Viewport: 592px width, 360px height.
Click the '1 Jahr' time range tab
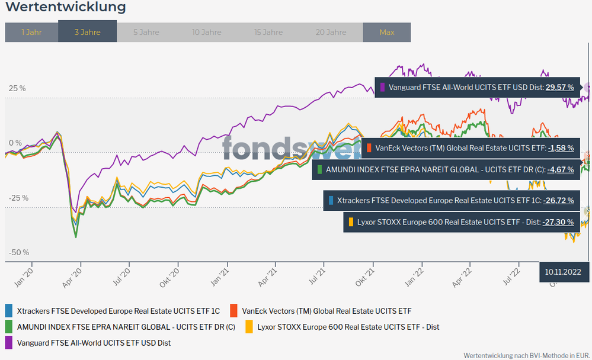pyautogui.click(x=31, y=32)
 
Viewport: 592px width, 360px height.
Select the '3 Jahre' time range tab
pyautogui.click(x=87, y=32)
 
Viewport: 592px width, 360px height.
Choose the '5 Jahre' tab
pyautogui.click(x=146, y=32)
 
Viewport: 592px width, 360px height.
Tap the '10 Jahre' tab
pyautogui.click(x=207, y=32)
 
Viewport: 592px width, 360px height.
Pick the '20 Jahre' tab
pyautogui.click(x=331, y=32)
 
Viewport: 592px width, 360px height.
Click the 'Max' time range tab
pyautogui.click(x=386, y=32)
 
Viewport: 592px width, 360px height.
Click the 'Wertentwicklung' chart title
pyautogui.click(x=66, y=8)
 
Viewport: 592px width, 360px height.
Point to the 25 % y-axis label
pyautogui.click(x=17, y=88)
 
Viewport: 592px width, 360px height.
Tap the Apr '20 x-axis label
pyautogui.click(x=72, y=277)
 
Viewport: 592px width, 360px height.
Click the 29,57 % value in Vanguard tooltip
pyautogui.click(x=559, y=88)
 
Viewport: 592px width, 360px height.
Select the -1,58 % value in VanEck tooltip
pyautogui.click(x=561, y=148)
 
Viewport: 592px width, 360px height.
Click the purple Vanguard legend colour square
pyautogui.click(x=9, y=342)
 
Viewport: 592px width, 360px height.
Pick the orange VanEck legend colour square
pyautogui.click(x=233, y=310)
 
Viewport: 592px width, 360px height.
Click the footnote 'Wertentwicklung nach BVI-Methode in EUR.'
pyautogui.click(x=526, y=354)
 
